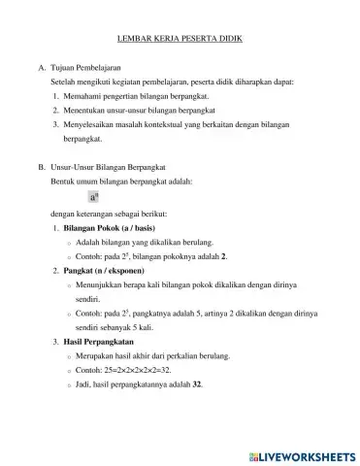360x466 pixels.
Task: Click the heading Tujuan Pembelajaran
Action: click(84, 72)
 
